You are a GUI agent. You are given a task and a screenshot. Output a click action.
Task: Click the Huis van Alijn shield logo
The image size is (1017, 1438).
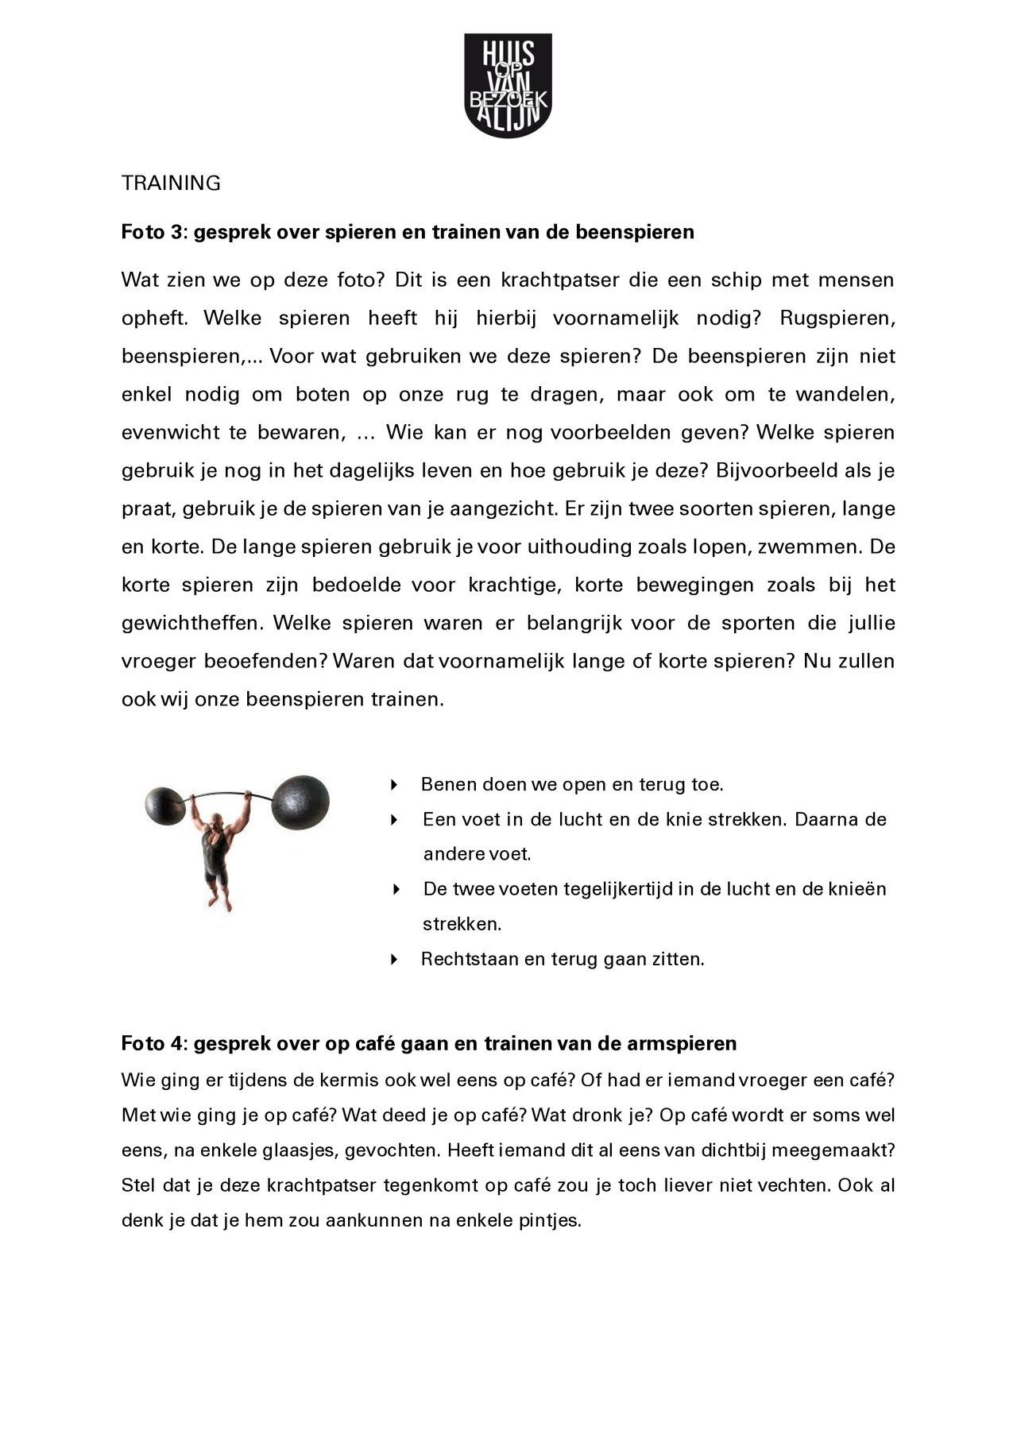[507, 85]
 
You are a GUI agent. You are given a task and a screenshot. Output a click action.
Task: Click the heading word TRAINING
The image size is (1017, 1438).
[171, 184]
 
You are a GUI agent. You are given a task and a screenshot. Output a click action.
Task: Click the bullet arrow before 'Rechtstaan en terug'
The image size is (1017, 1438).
[394, 959]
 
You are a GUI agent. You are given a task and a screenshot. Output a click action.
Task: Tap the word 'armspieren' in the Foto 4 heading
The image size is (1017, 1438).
[690, 1043]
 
